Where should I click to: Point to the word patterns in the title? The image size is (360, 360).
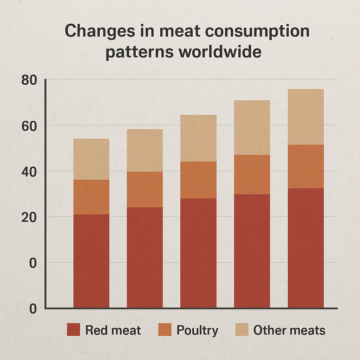pyautogui.click(x=140, y=52)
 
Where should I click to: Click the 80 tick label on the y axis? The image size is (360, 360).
pyautogui.click(x=29, y=81)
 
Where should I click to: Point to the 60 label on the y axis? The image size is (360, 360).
pyautogui.click(x=29, y=126)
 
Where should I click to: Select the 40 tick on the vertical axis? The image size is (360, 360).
pyautogui.click(x=29, y=172)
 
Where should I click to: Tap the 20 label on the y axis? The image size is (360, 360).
pyautogui.click(x=29, y=217)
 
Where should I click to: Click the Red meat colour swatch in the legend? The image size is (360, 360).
pyautogui.click(x=73, y=330)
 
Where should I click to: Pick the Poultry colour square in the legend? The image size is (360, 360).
pyautogui.click(x=165, y=330)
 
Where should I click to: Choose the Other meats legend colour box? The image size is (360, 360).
pyautogui.click(x=242, y=330)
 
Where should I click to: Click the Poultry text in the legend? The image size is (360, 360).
pyautogui.click(x=197, y=330)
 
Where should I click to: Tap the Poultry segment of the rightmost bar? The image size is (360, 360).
pyautogui.click(x=306, y=166)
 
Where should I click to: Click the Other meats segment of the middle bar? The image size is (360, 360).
pyautogui.click(x=198, y=138)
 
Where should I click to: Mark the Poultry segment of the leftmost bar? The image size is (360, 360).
pyautogui.click(x=91, y=197)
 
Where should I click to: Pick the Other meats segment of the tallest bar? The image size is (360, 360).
pyautogui.click(x=306, y=117)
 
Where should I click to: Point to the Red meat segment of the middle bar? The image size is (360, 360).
pyautogui.click(x=198, y=253)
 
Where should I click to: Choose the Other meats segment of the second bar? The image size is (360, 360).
pyautogui.click(x=145, y=150)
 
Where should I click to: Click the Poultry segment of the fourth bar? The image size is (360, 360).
pyautogui.click(x=252, y=174)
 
